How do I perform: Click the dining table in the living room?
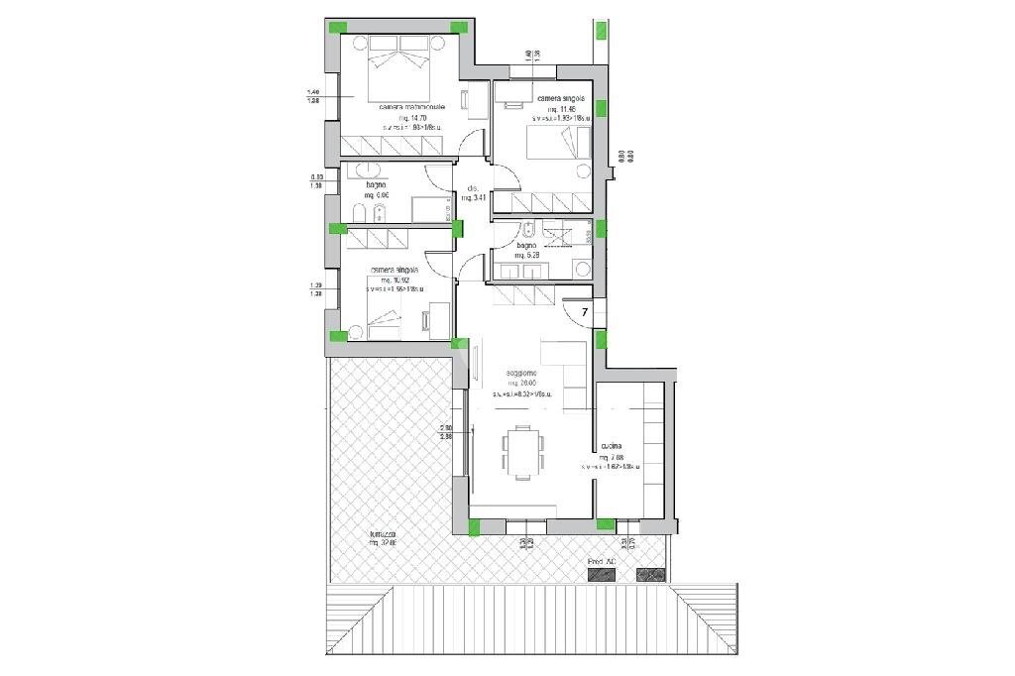521,452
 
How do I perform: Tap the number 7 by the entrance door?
585,313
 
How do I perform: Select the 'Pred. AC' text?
602,561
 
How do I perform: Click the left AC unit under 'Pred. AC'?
601,575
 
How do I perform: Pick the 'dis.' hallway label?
473,188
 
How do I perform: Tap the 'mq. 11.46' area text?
560,109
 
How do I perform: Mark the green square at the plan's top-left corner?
337,27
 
